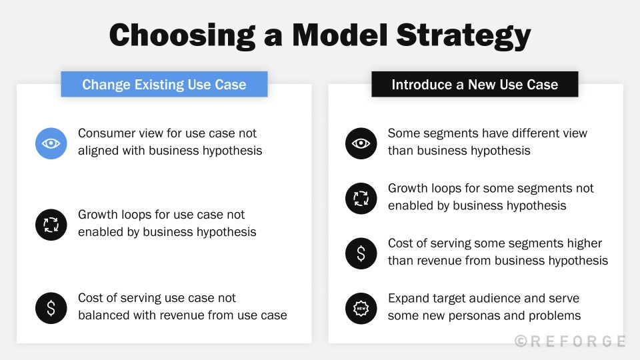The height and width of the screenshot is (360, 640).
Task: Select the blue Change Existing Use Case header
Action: (164, 85)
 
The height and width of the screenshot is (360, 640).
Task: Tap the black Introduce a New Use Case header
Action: (475, 85)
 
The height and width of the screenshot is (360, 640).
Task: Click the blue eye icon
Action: (51, 143)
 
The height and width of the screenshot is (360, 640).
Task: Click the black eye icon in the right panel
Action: (361, 143)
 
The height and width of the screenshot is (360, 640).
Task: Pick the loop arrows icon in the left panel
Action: (51, 225)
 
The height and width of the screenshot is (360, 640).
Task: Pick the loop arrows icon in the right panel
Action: (361, 198)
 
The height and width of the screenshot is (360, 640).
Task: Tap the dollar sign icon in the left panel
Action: (51, 308)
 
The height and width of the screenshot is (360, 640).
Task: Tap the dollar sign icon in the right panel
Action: (361, 253)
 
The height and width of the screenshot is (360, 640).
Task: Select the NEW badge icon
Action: (361, 308)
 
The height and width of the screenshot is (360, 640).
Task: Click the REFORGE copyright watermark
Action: (570, 341)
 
